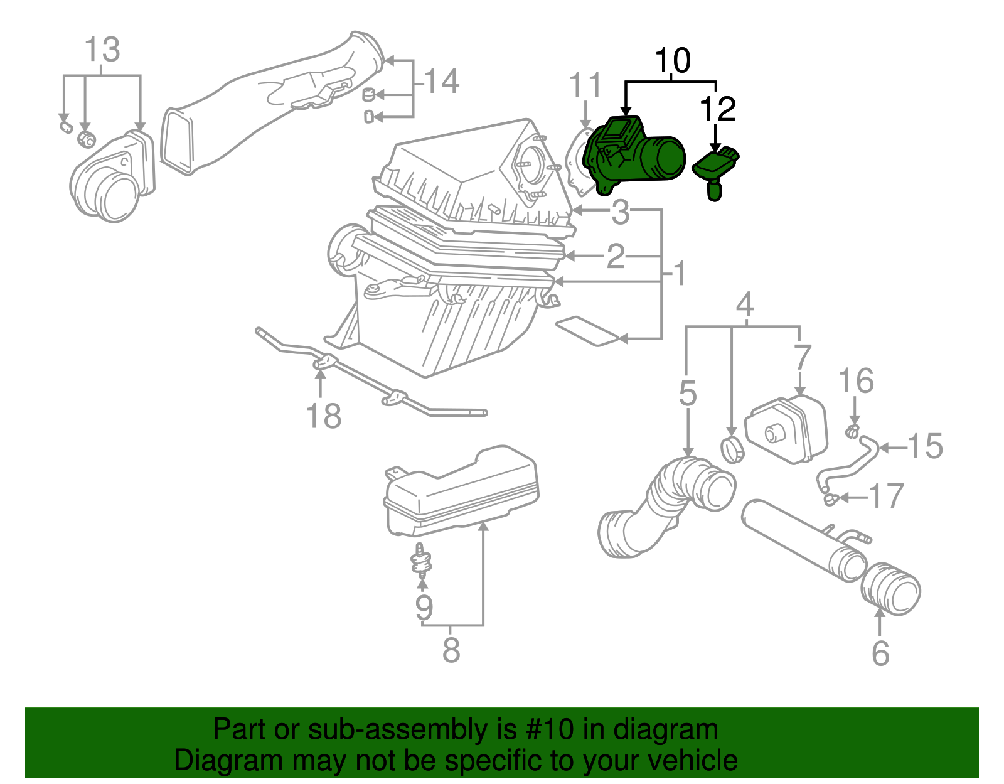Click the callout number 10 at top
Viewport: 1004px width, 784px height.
click(x=672, y=61)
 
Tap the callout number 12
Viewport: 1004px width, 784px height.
click(x=717, y=109)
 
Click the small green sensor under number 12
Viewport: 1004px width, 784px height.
click(x=715, y=169)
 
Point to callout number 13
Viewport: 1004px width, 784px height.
click(x=102, y=50)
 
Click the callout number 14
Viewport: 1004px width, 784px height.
click(x=442, y=82)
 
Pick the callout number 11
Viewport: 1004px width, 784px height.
click(x=585, y=85)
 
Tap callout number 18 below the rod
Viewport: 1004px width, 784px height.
click(x=323, y=416)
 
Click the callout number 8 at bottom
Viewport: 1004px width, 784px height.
click(x=451, y=650)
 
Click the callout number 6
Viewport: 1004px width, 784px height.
click(x=880, y=653)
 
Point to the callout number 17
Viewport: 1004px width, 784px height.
click(x=886, y=496)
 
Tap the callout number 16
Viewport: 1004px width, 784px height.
click(x=856, y=381)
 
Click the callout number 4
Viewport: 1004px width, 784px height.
click(x=744, y=305)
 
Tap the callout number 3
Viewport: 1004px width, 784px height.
click(x=620, y=212)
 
